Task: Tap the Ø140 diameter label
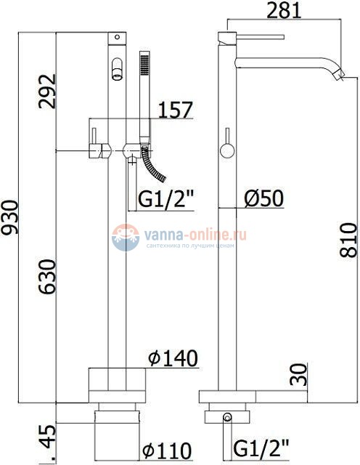pyautogui.click(x=171, y=359)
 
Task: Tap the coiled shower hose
pyautogui.click(x=155, y=166)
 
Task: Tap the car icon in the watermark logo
pyautogui.click(x=126, y=237)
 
